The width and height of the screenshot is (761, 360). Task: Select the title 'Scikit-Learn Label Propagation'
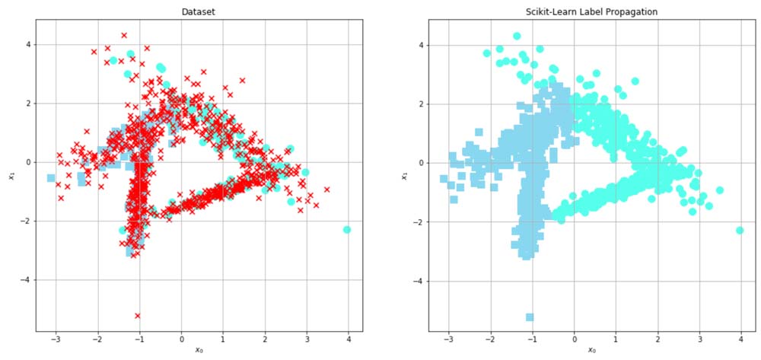591,12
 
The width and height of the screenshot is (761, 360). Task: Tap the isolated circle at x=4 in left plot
347,229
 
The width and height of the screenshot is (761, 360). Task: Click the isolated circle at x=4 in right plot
740,230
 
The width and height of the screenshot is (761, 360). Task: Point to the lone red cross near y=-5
138,315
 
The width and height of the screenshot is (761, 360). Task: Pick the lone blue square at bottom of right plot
530,317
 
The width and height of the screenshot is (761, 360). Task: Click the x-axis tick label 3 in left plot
307,340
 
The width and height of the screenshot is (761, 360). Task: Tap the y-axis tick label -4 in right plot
419,281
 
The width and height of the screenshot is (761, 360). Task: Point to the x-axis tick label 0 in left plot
181,340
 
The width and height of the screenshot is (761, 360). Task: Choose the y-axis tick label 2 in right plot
421,104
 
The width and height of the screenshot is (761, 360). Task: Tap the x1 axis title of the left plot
11,175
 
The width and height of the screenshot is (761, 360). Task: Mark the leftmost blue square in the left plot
51,178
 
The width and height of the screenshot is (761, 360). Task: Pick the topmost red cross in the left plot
124,35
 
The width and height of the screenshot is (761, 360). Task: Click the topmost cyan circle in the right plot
517,36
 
